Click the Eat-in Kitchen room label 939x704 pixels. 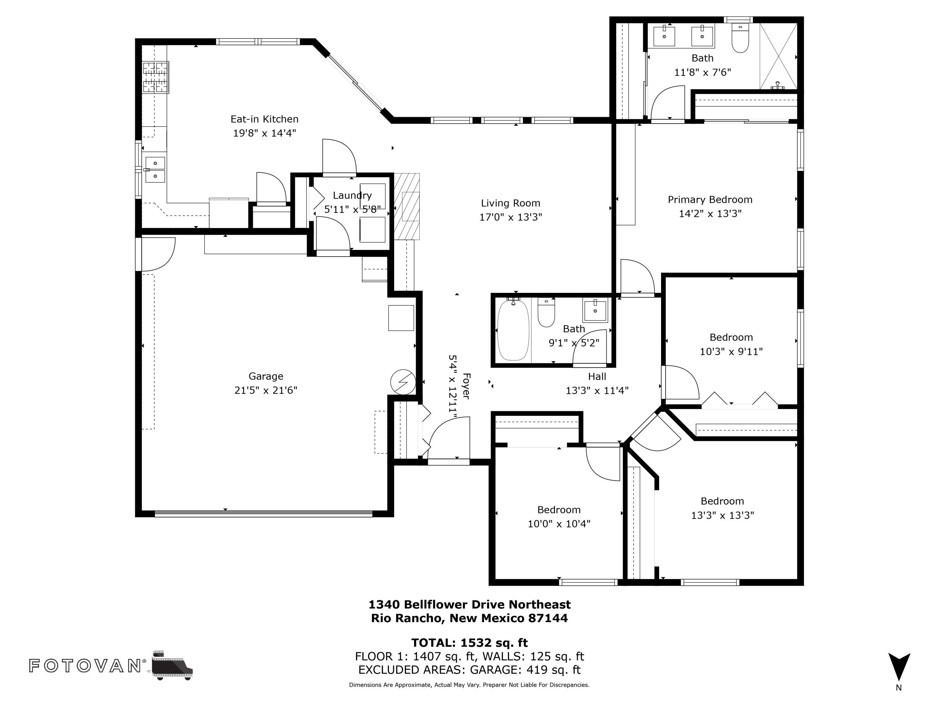(x=264, y=119)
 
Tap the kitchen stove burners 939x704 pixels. (x=155, y=77)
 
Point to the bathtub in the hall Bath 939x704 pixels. (x=513, y=330)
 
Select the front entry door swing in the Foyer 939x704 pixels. (x=450, y=439)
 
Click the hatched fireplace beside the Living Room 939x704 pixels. (x=407, y=207)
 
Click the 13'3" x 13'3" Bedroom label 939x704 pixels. (x=722, y=502)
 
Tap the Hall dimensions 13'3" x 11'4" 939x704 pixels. (x=597, y=390)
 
